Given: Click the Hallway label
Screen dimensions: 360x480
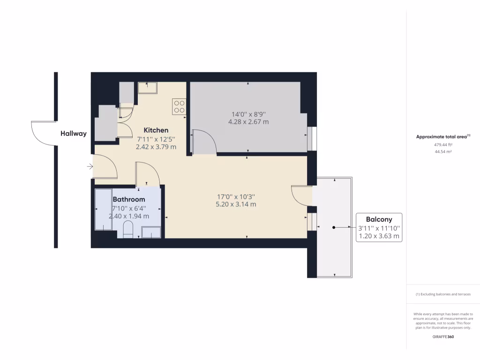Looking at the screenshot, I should pos(74,134).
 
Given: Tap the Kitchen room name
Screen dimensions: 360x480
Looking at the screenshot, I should pos(156,130).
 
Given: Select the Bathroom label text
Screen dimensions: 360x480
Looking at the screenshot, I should pos(129,199).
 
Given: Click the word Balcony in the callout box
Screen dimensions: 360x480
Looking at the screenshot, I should pos(379,219).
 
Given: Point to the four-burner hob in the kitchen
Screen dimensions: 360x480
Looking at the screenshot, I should pos(179,106).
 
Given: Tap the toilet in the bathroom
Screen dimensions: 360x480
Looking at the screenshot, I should pos(128,230).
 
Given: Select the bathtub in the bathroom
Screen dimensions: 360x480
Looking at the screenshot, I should pos(104,210).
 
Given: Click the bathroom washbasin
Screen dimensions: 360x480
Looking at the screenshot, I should pos(151,232).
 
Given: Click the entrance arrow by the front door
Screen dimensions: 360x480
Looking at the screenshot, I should pos(90,166).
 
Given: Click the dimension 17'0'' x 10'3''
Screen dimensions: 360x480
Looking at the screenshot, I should pos(235,196).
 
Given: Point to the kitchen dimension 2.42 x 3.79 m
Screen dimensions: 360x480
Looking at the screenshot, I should pos(156,147).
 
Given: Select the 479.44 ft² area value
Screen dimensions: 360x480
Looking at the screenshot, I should pos(443,145).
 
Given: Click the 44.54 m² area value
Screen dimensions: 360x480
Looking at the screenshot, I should pos(443,152).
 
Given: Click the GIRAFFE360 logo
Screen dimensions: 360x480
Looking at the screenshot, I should pos(443,337).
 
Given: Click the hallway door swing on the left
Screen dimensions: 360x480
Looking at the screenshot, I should pos(42,133).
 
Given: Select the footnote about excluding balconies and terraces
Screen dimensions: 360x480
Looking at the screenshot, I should pos(443,294).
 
